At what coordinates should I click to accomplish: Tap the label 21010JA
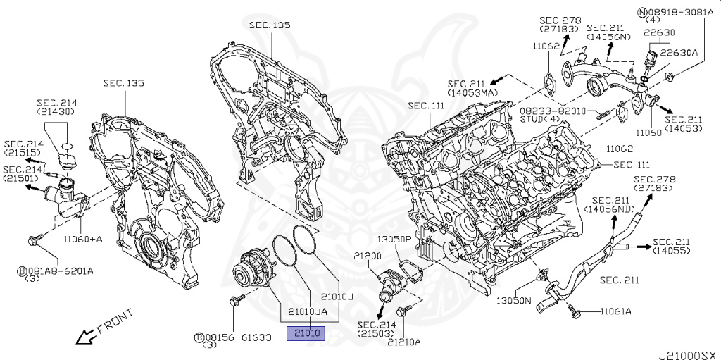[306, 311]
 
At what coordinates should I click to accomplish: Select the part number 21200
[368, 256]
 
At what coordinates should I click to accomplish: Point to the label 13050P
[395, 239]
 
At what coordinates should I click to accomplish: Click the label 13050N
[514, 300]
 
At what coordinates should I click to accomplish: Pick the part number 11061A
[616, 311]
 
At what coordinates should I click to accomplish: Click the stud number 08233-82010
[553, 111]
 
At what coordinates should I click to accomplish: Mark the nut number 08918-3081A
[680, 12]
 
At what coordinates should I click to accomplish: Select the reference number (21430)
[57, 112]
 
